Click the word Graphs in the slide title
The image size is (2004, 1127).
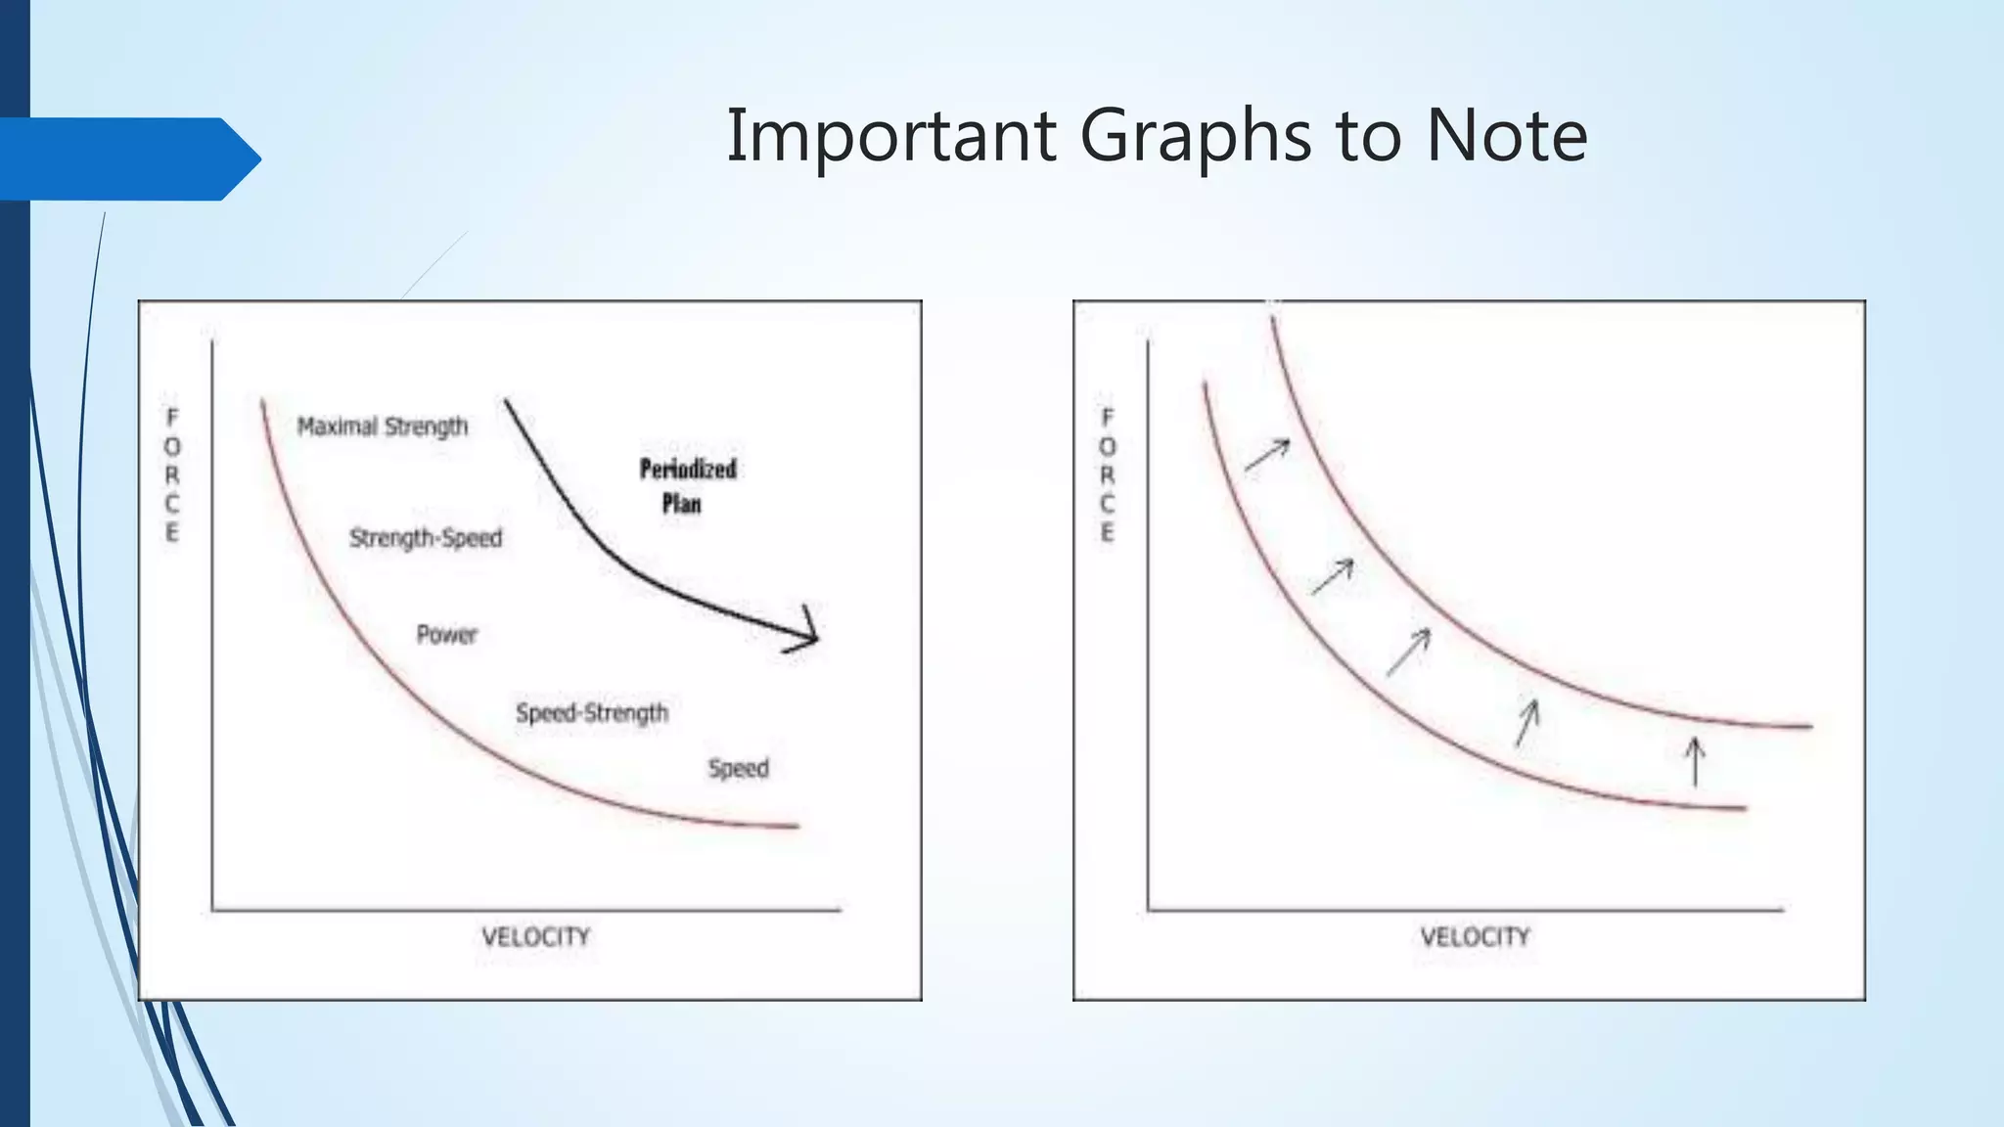pos(1195,137)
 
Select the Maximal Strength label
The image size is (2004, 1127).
pos(383,427)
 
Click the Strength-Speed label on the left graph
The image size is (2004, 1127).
pos(426,538)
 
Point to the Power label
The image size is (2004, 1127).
pos(447,635)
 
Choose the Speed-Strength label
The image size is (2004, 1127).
pos(592,713)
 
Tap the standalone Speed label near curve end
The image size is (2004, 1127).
pos(739,769)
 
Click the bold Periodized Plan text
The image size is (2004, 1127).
pos(687,485)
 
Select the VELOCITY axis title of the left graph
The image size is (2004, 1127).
pos(536,937)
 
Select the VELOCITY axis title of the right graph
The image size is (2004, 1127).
pos(1475,937)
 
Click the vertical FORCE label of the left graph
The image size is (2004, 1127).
pos(172,475)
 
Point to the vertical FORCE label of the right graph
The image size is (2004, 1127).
pos(1108,475)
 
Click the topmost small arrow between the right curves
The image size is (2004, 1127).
pos(1267,455)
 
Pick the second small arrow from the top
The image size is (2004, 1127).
pos(1333,576)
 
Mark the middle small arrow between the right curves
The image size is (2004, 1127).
pos(1408,652)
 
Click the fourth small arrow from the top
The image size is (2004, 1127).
pos(1526,723)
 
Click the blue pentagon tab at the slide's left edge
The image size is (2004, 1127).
pos(127,159)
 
